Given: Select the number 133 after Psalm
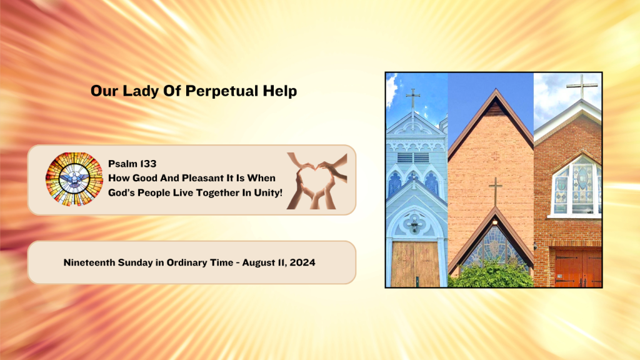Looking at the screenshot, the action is (147, 164).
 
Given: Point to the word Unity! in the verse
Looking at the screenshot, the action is (268, 192).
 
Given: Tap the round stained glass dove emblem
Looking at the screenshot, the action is (74, 179).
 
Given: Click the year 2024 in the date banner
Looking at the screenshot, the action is (302, 262).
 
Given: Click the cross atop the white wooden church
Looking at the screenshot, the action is (413, 99).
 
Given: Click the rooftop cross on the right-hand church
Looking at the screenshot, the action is (582, 86).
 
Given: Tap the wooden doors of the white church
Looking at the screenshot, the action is (415, 264).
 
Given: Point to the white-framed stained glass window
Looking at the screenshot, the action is (576, 187).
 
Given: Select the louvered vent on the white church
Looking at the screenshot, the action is (413, 157).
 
